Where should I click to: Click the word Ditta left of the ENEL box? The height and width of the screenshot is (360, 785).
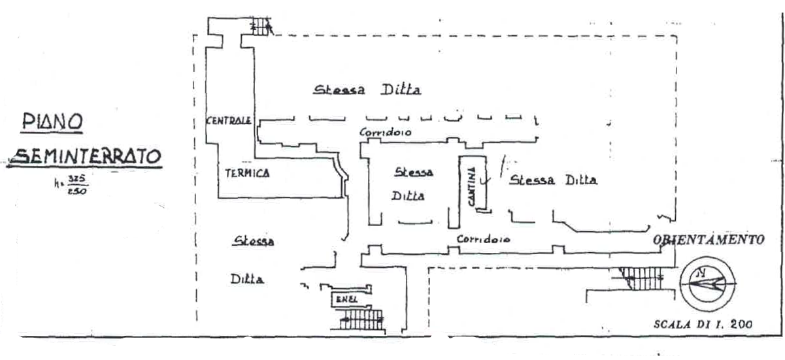[246, 280]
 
